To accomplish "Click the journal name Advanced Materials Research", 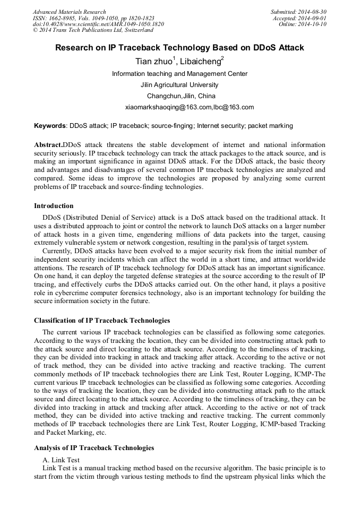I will pyautogui.click(x=69, y=12).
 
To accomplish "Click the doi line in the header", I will pyautogui.click(x=98, y=24).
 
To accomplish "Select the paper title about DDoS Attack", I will pyautogui.click(x=179, y=48).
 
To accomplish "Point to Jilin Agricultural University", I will pyautogui.click(x=179, y=85).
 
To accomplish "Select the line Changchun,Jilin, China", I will pyautogui.click(x=181, y=96).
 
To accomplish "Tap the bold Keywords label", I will pyautogui.click(x=50, y=126).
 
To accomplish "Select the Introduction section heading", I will pyautogui.click(x=54, y=206).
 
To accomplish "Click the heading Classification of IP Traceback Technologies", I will pyautogui.click(x=102, y=321).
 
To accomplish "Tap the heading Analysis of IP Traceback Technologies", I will pyautogui.click(x=94, y=448).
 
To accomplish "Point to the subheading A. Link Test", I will pyautogui.click(x=61, y=460).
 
